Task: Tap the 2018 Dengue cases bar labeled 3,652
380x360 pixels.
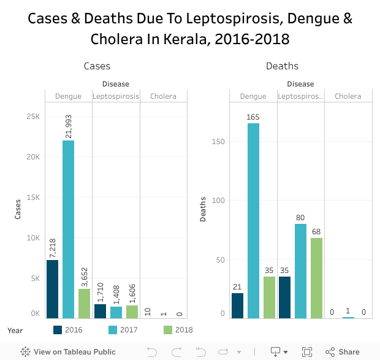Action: click(x=84, y=304)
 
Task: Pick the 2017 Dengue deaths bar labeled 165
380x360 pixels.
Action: click(x=253, y=221)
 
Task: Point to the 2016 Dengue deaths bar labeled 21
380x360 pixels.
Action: click(x=237, y=305)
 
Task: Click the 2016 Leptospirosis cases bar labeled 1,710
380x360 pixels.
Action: click(x=100, y=311)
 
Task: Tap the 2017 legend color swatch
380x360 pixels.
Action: click(x=113, y=330)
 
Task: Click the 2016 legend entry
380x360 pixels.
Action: click(x=73, y=330)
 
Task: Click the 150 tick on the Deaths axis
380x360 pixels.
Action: click(x=219, y=142)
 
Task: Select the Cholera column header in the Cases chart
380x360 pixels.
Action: click(x=163, y=96)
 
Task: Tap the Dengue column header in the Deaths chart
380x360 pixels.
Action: click(x=253, y=96)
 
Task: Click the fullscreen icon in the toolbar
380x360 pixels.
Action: click(x=307, y=352)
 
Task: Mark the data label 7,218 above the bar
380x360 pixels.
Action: click(x=53, y=248)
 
